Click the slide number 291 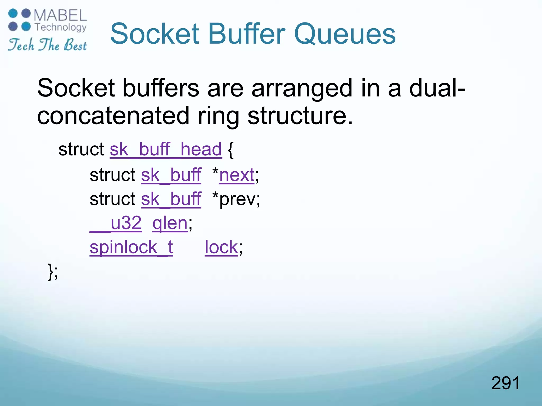point(505,383)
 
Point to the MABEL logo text point(60,15)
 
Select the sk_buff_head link point(166,150)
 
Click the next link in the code point(237,175)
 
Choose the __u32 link point(116,223)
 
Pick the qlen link point(170,223)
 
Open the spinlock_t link point(131,247)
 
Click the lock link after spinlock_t point(221,247)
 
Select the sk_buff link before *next point(171,175)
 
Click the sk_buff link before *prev point(171,199)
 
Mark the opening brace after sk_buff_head point(231,150)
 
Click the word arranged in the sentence point(302,89)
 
